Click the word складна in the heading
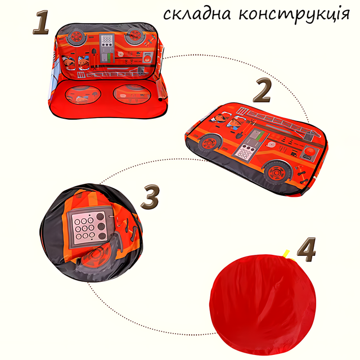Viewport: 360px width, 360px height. click(x=197, y=14)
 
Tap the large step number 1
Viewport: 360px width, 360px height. click(x=41, y=22)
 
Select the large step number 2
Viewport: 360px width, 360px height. click(x=262, y=90)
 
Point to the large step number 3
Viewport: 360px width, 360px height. click(x=150, y=196)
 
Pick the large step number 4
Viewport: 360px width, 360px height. click(x=307, y=250)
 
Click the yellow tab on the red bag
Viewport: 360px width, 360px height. click(x=286, y=254)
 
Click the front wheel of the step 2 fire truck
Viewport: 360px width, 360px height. click(x=210, y=143)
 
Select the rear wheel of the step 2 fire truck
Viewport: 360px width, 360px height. click(x=277, y=172)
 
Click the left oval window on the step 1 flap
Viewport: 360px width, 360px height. click(x=83, y=94)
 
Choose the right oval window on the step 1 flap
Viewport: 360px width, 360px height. click(x=132, y=94)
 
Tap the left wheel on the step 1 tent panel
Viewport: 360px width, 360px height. click(x=76, y=37)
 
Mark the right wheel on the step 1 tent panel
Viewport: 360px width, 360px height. click(x=134, y=36)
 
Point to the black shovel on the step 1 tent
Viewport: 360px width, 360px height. click(x=94, y=58)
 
